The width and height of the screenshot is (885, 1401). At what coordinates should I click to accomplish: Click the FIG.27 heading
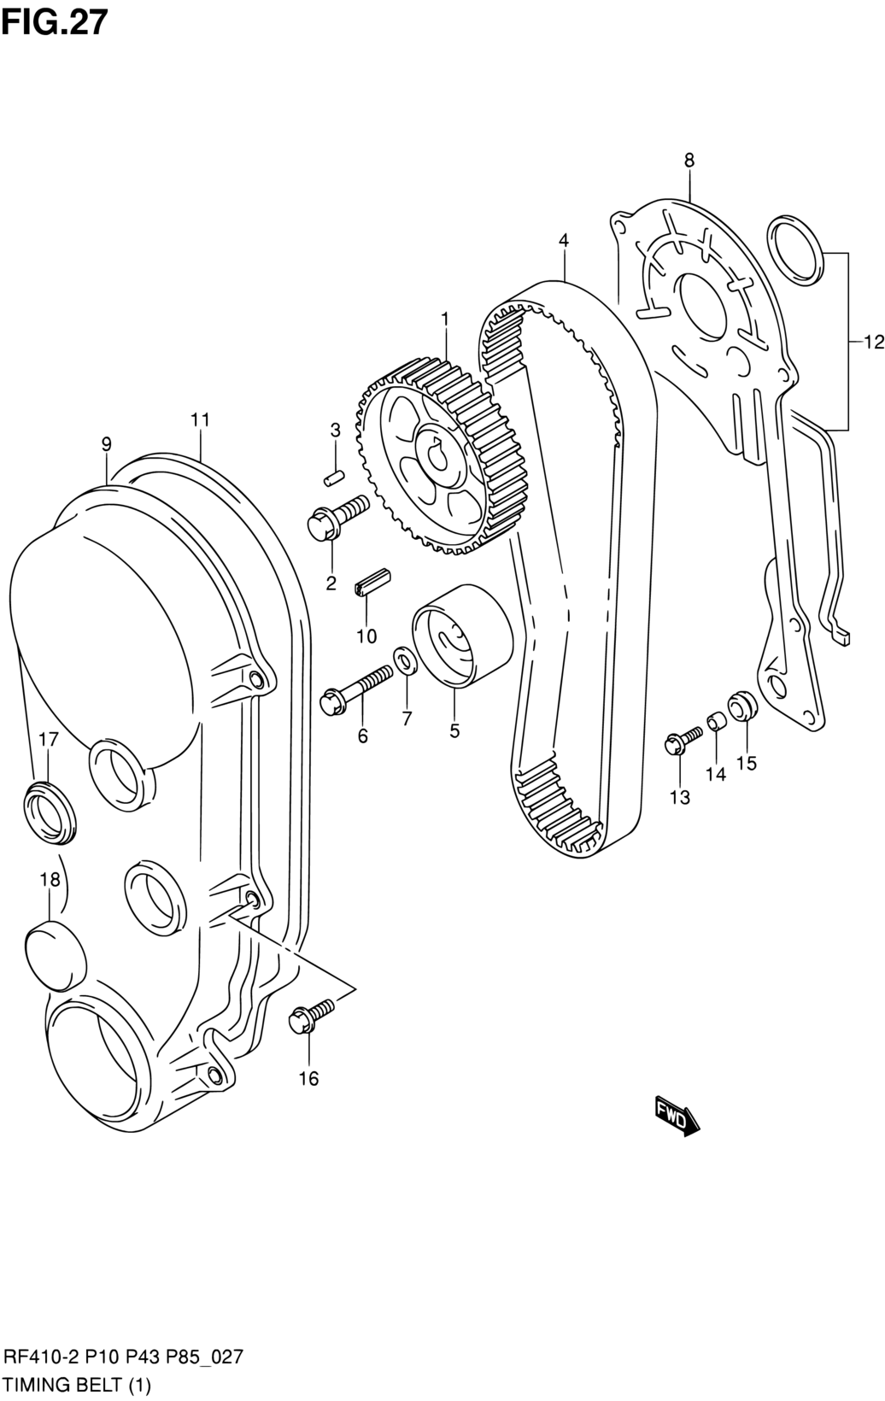[x=55, y=22]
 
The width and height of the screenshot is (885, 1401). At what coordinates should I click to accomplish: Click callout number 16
[x=309, y=1078]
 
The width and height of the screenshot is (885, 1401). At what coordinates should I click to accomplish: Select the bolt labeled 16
[x=312, y=1016]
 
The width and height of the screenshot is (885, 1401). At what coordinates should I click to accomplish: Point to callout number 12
[x=875, y=342]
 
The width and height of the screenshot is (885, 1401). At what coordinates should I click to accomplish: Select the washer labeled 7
[x=407, y=662]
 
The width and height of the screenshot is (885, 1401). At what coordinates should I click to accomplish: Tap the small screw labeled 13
[x=682, y=739]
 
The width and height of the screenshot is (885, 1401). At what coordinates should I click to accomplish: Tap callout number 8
[x=689, y=160]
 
